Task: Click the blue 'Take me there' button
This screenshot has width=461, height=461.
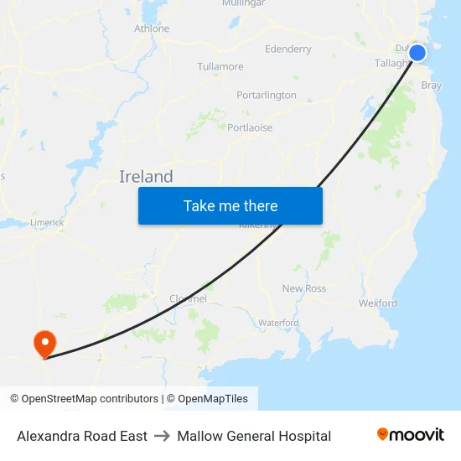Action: pos(230,205)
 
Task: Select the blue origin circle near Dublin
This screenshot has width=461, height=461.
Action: pos(417,54)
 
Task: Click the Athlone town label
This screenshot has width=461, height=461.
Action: pos(152,28)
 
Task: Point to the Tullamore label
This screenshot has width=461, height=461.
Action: pos(220,66)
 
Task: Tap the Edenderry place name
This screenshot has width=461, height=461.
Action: pos(287,49)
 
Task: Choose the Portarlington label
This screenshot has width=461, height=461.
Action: pos(267,95)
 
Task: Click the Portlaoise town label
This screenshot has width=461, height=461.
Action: pos(250,127)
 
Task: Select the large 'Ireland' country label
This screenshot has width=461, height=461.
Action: pos(146,177)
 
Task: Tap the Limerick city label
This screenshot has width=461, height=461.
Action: pos(47,222)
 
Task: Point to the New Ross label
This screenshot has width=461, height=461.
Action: pos(303,288)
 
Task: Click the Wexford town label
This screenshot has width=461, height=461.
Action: pos(378,303)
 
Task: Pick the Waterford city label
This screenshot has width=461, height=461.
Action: pos(278,323)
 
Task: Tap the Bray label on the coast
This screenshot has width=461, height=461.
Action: pos(431,85)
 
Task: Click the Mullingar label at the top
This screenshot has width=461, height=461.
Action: pos(243,3)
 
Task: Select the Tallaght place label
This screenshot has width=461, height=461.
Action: pos(392,63)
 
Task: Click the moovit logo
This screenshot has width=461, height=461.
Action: pos(411,435)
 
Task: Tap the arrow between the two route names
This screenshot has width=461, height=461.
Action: pos(163,436)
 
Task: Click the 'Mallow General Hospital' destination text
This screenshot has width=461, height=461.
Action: pos(254,436)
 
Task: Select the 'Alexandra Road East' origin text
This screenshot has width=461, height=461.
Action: pos(82,436)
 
